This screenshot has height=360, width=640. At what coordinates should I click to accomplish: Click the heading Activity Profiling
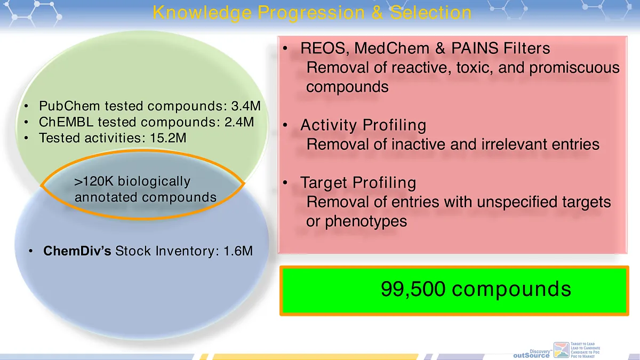coord(363,125)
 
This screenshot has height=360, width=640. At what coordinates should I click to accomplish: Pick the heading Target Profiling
coord(358,183)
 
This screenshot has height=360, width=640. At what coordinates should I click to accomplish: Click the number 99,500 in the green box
coord(412,289)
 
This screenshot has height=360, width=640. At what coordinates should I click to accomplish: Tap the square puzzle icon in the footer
coord(562,350)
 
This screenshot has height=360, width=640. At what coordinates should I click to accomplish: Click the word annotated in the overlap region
coord(107,197)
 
